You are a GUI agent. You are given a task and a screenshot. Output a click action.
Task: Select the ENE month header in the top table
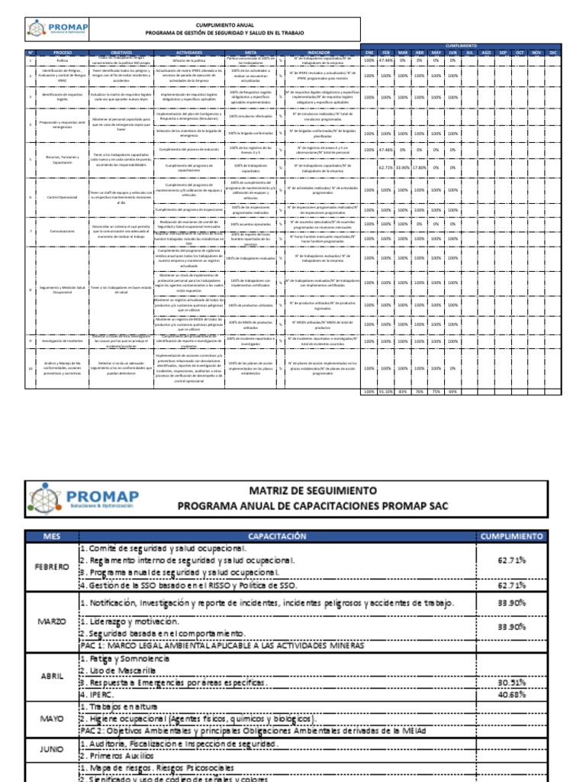[x=369, y=52]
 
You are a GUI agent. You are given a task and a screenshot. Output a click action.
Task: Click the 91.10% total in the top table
[x=386, y=392]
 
